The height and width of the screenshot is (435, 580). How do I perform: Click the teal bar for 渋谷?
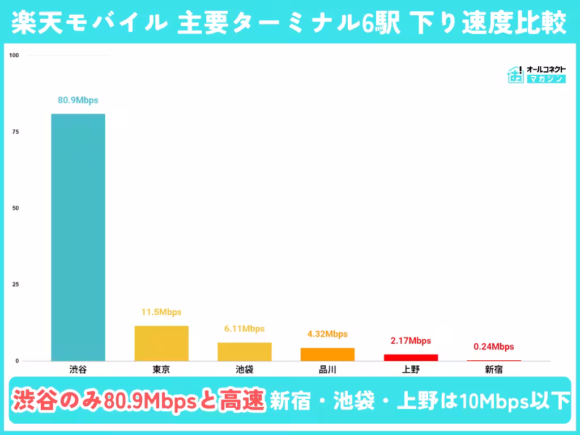(x=78, y=237)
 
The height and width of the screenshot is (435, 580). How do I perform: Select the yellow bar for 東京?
(x=161, y=343)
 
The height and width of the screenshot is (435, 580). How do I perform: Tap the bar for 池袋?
(x=245, y=352)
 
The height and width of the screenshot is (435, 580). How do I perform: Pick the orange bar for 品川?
(x=327, y=354)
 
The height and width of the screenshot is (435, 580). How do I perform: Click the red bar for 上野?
(x=411, y=357)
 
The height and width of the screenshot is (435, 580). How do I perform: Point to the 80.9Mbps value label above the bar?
(x=78, y=100)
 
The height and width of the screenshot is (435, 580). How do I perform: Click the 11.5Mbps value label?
(x=161, y=312)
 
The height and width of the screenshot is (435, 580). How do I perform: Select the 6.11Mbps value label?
(x=244, y=329)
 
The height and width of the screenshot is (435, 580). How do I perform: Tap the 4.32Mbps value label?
(x=327, y=334)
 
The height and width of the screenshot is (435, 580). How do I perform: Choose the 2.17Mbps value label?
(x=411, y=341)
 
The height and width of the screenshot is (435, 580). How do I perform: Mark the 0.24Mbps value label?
(x=493, y=347)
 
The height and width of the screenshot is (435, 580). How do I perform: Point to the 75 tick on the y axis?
(x=15, y=132)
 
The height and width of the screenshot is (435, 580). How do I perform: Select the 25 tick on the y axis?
(x=15, y=284)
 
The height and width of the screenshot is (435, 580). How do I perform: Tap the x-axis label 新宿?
(x=493, y=370)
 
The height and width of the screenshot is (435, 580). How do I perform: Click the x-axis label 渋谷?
(x=78, y=370)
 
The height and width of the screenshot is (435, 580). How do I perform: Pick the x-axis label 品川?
(x=327, y=370)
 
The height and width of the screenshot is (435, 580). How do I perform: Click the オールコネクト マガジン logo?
(x=536, y=74)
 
